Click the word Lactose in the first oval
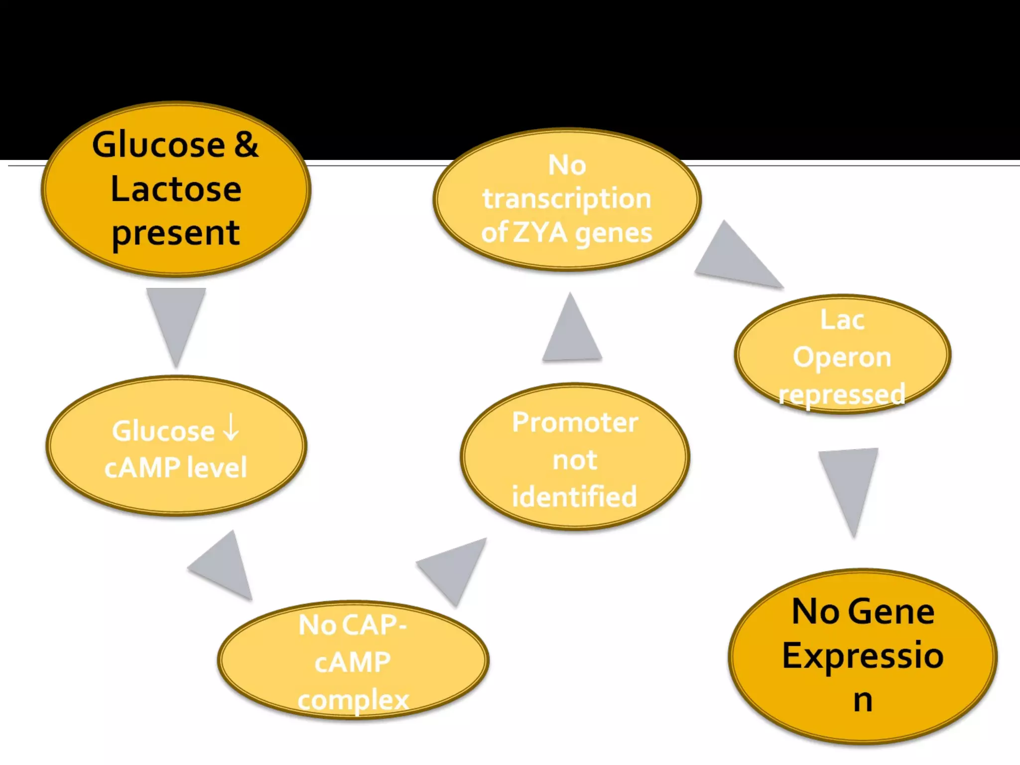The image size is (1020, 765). (x=176, y=189)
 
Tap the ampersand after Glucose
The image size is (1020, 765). (x=246, y=144)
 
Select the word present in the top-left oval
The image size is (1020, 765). (x=176, y=233)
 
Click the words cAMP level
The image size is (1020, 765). (x=176, y=467)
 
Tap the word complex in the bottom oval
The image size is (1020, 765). (x=353, y=700)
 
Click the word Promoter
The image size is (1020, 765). (x=575, y=422)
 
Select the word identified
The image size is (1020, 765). (x=575, y=497)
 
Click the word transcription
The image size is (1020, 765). (x=567, y=199)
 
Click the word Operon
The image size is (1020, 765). (x=842, y=357)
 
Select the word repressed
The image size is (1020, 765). (x=842, y=394)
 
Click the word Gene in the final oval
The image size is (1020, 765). (x=892, y=612)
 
